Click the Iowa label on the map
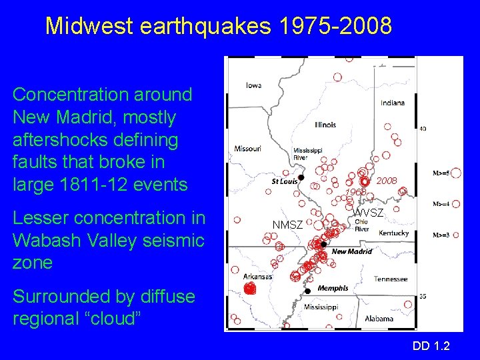[x=253, y=85]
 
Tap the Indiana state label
[x=393, y=103]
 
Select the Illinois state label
[x=325, y=125]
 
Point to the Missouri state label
[x=247, y=148]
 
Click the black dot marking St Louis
[x=301, y=177]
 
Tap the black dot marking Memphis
[x=308, y=291]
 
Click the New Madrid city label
[x=351, y=251]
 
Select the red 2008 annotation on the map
[x=387, y=181]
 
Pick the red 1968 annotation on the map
[x=355, y=193]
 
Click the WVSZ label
[x=368, y=213]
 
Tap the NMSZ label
[x=287, y=225]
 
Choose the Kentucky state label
[x=394, y=233]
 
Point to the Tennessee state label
[x=390, y=279]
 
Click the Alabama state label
[x=379, y=319]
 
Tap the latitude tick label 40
[x=423, y=129]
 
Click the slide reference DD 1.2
[x=431, y=345]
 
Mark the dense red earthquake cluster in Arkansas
[x=250, y=289]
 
